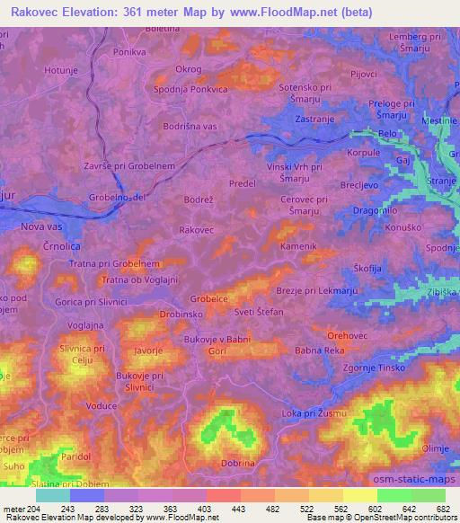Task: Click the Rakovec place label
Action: [x=196, y=230]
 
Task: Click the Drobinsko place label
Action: [x=156, y=315]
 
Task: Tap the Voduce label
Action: [x=103, y=405]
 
